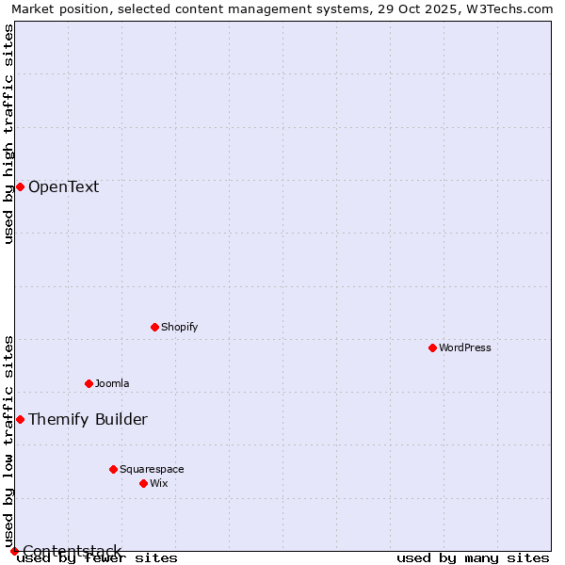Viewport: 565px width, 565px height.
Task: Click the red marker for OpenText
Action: pos(20,186)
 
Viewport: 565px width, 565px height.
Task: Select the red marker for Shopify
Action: pos(154,327)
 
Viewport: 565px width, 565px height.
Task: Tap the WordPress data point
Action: pos(432,347)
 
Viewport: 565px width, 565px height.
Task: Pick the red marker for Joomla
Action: pos(89,383)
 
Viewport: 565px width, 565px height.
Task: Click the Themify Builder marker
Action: pos(20,419)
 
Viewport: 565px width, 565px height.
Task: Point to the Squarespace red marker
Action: pos(113,469)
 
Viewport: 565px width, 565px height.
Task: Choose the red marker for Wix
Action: pos(143,483)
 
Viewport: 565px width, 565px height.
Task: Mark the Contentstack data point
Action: pos(14,551)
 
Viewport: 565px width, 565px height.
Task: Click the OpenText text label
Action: pos(63,186)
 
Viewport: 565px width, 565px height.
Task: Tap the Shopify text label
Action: pos(179,327)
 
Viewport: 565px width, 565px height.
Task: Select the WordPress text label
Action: pos(465,347)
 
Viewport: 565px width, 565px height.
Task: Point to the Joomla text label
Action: pos(112,383)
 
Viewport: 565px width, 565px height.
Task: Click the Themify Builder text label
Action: pos(88,419)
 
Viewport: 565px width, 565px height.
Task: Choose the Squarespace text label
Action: pos(152,469)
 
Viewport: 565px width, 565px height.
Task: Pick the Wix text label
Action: pos(158,483)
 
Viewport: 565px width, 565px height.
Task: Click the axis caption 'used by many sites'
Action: pos(473,557)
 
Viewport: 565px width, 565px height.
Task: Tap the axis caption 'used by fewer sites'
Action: pos(98,557)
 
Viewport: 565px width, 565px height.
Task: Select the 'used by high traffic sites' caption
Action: pos(8,134)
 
